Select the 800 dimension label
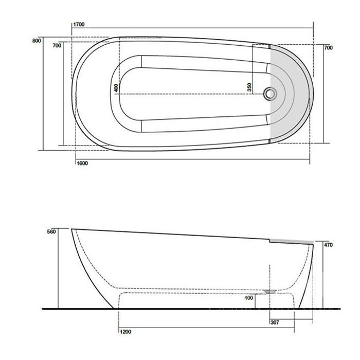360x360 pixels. coord(36,42)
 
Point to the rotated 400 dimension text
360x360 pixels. coord(117,87)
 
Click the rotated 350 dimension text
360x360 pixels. coord(249,87)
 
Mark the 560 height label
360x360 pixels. coord(50,232)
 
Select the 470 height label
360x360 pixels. coord(328,245)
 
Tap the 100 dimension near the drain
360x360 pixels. coord(249,298)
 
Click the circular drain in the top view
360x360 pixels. coord(270,94)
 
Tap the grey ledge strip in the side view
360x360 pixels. coord(292,240)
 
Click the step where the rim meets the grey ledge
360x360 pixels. coord(271,239)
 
